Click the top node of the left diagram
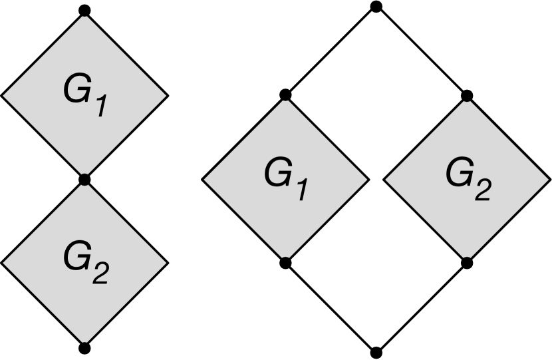click(x=84, y=11)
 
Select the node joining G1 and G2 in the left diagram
click(x=84, y=180)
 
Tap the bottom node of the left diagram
click(x=84, y=348)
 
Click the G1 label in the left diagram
click(x=84, y=97)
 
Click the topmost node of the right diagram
click(x=376, y=7)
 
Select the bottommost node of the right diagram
click(x=376, y=352)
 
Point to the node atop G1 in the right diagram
click(x=285, y=95)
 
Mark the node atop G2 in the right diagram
click(x=467, y=96)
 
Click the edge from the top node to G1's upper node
click(x=331, y=51)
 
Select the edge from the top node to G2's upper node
click(x=422, y=51)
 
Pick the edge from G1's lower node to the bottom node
click(x=331, y=307)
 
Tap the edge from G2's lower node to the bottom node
click(x=422, y=307)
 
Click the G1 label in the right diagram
click(x=286, y=178)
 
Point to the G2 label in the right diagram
click(x=468, y=178)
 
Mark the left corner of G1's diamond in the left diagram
click(x=2, y=95)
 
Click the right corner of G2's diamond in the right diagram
click(x=550, y=179)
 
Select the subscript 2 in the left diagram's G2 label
click(x=98, y=273)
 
